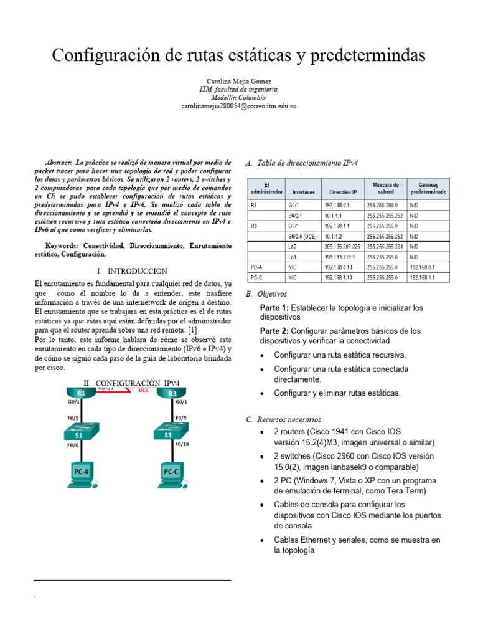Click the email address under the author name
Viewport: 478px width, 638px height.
[238, 107]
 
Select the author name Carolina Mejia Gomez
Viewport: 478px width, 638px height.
[238, 82]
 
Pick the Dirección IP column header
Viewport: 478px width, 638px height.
[343, 193]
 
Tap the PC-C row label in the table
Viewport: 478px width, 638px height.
[256, 277]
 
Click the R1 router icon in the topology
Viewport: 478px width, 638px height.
[81, 393]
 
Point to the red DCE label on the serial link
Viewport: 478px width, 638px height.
[143, 391]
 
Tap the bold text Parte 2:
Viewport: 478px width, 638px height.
[274, 331]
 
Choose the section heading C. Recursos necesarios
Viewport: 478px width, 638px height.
[284, 419]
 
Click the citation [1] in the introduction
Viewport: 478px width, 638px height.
[193, 329]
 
